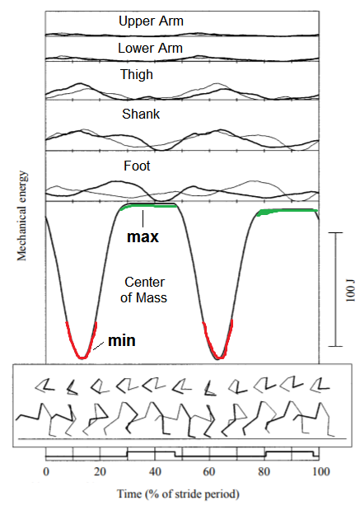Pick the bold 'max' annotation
(x=143, y=237)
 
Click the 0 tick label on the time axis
(x=45, y=470)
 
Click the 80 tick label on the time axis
(x=265, y=470)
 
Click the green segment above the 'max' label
(x=148, y=206)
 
